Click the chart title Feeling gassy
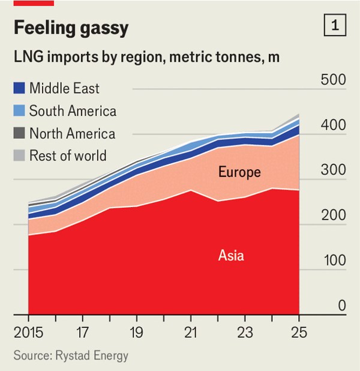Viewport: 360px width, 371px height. (x=71, y=28)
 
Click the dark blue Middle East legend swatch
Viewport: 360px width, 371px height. (x=19, y=89)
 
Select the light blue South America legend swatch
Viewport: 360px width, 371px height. (x=19, y=111)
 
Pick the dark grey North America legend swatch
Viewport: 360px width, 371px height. (x=19, y=133)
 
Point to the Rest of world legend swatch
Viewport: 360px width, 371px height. (x=19, y=155)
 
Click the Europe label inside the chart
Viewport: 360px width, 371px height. (x=239, y=173)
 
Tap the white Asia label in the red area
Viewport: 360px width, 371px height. (x=231, y=255)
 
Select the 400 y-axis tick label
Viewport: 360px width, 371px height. (x=332, y=125)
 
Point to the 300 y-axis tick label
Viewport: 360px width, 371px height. (x=332, y=170)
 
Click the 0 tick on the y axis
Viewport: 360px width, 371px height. (x=341, y=306)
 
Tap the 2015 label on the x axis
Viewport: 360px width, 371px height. (x=29, y=332)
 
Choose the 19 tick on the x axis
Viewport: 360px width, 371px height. (x=137, y=332)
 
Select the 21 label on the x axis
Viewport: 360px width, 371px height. (x=191, y=332)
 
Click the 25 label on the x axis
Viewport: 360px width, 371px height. (x=298, y=332)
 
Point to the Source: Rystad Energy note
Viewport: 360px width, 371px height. (x=71, y=356)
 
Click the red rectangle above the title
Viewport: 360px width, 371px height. (x=34, y=2)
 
